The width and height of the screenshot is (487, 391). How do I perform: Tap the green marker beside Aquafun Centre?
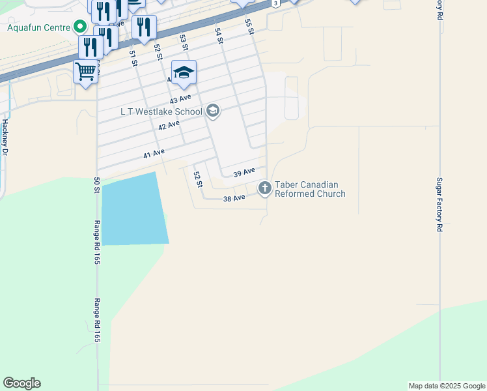tap(80, 27)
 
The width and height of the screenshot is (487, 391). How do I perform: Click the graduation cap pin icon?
tap(184, 72)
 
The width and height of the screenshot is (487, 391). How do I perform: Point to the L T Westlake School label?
tap(161, 111)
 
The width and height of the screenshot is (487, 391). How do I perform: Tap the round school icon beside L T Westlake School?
tap(212, 111)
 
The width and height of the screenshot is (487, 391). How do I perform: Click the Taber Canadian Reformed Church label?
tap(310, 189)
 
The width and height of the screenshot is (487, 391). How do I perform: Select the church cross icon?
tap(264, 188)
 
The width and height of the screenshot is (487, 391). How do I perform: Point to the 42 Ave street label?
tap(169, 125)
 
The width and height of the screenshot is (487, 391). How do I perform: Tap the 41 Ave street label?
tap(154, 154)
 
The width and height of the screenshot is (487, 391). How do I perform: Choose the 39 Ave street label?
tap(244, 171)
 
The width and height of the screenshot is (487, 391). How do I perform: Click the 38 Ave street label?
tap(234, 197)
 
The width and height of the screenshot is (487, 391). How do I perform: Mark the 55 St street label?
tap(249, 26)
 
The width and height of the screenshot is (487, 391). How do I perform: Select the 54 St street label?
tap(219, 36)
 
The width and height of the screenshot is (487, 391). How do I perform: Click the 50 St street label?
tap(96, 184)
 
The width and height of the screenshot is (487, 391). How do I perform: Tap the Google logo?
tap(21, 383)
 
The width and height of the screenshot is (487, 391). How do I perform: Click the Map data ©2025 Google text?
tap(447, 386)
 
